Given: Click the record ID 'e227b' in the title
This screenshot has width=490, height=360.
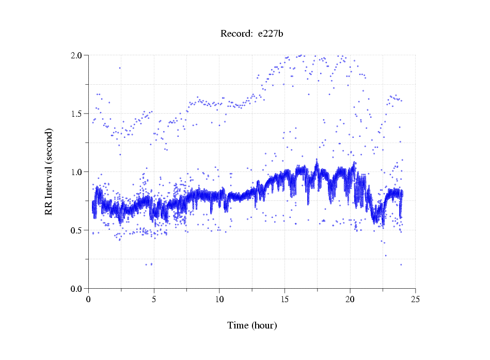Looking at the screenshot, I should tap(271, 34).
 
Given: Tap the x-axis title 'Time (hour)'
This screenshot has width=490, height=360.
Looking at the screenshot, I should tap(252, 325).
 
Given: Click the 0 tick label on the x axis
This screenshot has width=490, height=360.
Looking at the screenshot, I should tap(89, 299).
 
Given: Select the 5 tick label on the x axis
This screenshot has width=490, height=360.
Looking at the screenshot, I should tap(154, 299).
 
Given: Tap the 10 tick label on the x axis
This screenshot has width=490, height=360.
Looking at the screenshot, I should tap(219, 299).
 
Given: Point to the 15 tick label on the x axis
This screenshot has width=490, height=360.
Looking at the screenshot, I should tap(284, 299).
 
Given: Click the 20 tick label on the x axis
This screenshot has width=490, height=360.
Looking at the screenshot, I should tap(350, 299).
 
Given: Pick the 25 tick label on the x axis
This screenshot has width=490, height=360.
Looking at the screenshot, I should tap(415, 299).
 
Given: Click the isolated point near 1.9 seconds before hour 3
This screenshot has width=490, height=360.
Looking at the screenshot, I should tap(120, 68).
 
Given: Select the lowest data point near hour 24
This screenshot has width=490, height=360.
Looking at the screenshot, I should tap(401, 264).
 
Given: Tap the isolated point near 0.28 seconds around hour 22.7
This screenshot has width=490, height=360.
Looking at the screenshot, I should tap(385, 255).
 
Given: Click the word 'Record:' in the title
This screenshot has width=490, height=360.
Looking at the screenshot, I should tap(235, 34).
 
